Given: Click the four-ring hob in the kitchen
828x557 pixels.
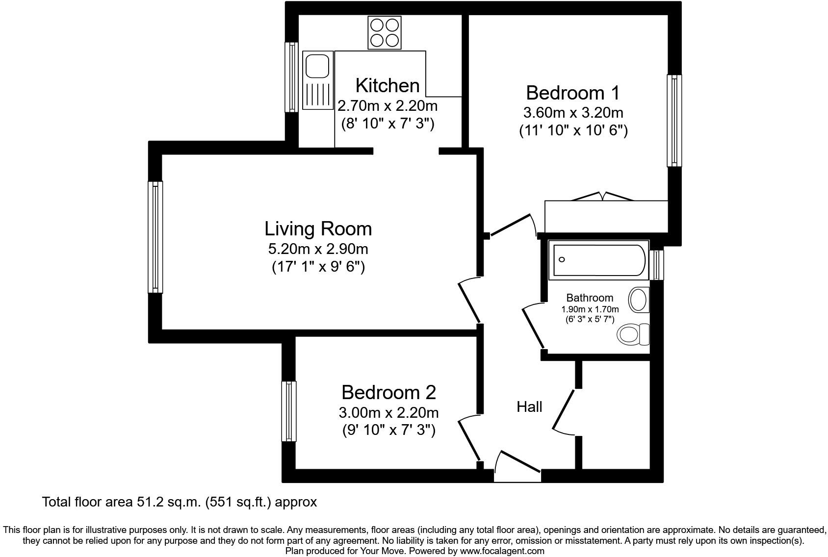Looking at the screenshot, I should pyautogui.click(x=384, y=32).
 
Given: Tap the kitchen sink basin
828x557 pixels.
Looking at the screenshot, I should pyautogui.click(x=317, y=66).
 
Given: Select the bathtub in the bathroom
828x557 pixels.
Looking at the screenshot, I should pyautogui.click(x=599, y=260).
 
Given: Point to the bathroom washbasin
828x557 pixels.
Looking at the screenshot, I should pyautogui.click(x=639, y=300).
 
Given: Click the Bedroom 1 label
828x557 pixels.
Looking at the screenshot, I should pyautogui.click(x=572, y=93).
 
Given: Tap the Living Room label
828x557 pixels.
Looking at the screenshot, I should pyautogui.click(x=318, y=229).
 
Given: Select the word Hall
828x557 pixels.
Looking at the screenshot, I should pyautogui.click(x=529, y=406).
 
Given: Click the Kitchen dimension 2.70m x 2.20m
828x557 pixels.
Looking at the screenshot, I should pyautogui.click(x=387, y=105).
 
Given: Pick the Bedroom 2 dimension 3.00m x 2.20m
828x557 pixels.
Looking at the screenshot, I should pyautogui.click(x=388, y=412).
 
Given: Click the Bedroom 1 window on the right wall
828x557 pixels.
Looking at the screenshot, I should pyautogui.click(x=674, y=120).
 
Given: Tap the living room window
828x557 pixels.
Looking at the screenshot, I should pyautogui.click(x=155, y=237).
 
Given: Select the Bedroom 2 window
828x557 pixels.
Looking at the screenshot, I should pyautogui.click(x=289, y=411).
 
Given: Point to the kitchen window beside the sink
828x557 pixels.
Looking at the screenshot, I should pyautogui.click(x=292, y=76).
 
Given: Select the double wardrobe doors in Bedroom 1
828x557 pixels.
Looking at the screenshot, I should pyautogui.click(x=602, y=196).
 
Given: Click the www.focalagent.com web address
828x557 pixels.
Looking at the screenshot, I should pyautogui.click(x=502, y=551).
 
